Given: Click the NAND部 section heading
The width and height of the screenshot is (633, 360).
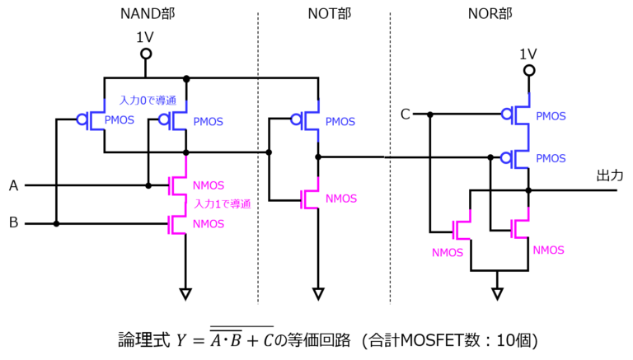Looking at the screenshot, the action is pyautogui.click(x=148, y=14).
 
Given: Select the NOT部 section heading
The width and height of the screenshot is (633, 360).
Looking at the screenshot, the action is pyautogui.click(x=330, y=14).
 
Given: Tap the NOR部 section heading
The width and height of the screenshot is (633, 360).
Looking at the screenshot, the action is pyautogui.click(x=490, y=14).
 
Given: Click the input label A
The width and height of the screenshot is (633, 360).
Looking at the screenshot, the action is pyautogui.click(x=14, y=185).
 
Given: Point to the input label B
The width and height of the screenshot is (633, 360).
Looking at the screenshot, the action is pyautogui.click(x=14, y=222).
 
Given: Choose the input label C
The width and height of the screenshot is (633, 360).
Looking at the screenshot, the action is pyautogui.click(x=406, y=115).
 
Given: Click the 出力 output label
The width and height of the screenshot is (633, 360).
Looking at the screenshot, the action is pyautogui.click(x=610, y=175).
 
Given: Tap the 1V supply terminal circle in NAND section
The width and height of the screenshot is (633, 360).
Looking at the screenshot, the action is pyautogui.click(x=146, y=54).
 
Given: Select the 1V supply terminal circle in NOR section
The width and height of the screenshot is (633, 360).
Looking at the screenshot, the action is pyautogui.click(x=529, y=71).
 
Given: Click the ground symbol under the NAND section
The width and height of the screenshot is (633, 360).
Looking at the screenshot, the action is pyautogui.click(x=185, y=294).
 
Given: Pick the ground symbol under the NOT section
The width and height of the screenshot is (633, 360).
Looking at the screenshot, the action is pyautogui.click(x=318, y=294).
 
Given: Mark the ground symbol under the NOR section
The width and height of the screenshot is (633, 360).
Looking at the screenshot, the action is pyautogui.click(x=497, y=294).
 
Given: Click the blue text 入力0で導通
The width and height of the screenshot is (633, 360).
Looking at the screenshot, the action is pyautogui.click(x=148, y=100).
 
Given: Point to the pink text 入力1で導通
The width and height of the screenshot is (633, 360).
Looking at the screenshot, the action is pyautogui.click(x=223, y=203).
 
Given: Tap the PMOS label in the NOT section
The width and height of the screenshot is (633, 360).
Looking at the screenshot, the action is pyautogui.click(x=340, y=121).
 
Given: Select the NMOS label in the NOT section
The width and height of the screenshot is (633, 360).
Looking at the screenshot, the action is pyautogui.click(x=341, y=199).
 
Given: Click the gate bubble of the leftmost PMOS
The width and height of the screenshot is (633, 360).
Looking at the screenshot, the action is pyautogui.click(x=82, y=119).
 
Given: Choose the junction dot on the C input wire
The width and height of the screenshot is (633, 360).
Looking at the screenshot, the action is pyautogui.click(x=430, y=115).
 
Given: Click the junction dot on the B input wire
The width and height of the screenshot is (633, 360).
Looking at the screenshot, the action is pyautogui.click(x=57, y=223).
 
